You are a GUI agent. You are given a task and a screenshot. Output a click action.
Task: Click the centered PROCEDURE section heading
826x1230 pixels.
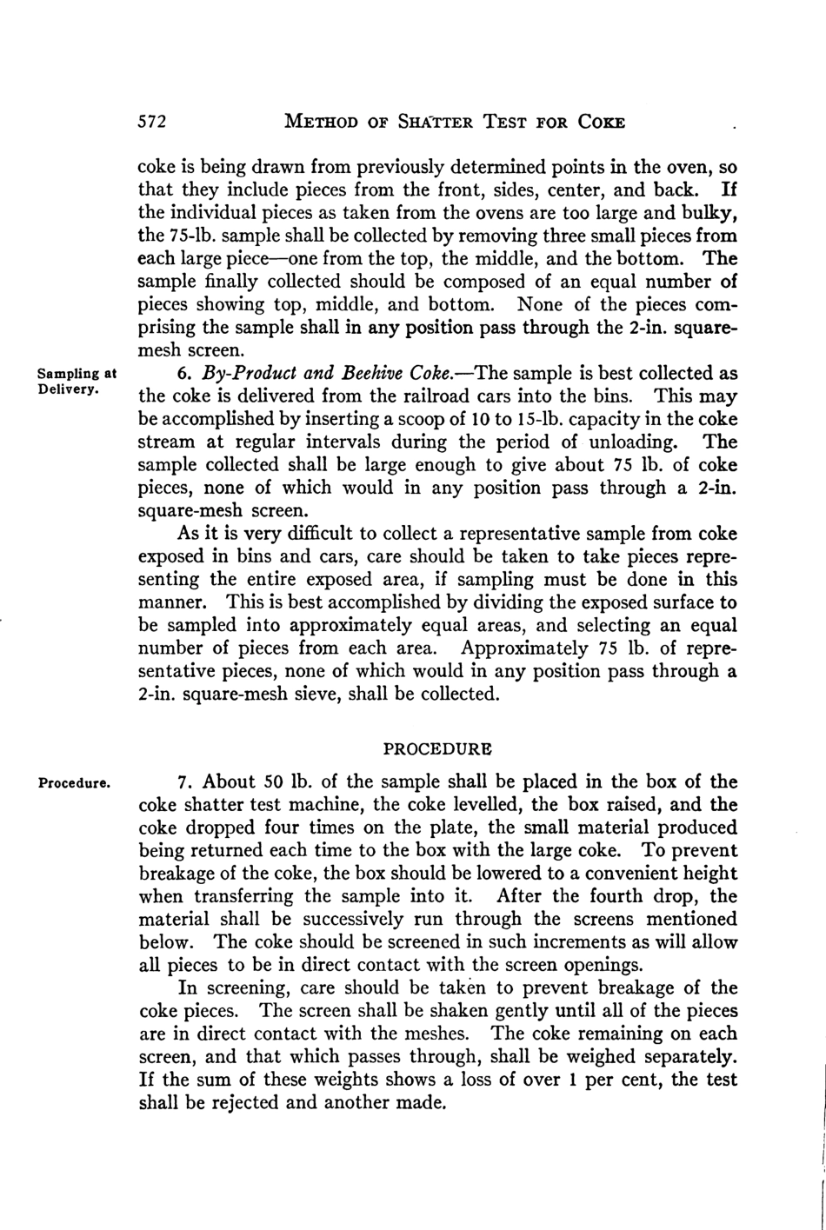437,748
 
